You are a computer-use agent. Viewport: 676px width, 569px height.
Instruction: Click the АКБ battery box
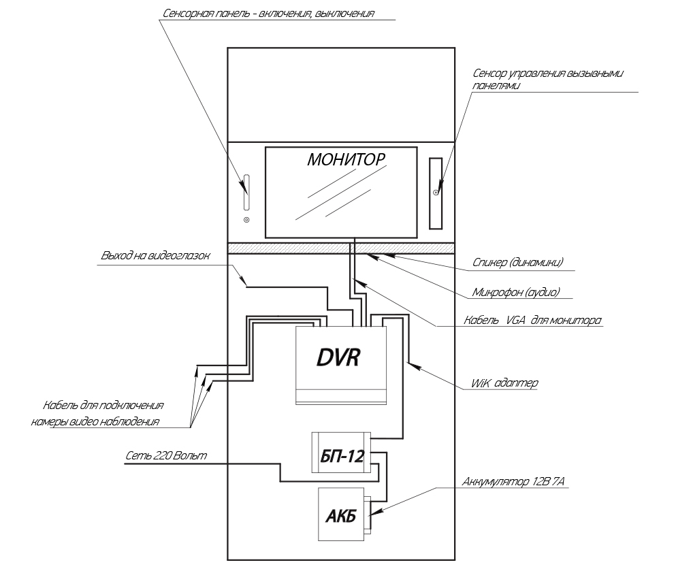tap(338, 515)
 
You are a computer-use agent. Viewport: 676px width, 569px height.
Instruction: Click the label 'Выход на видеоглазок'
tap(156, 257)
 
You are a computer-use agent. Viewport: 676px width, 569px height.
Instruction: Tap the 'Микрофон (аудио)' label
tap(515, 292)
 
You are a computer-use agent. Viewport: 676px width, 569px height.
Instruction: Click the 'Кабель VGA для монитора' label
tap(532, 319)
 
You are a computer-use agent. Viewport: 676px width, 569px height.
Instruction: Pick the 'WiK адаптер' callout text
tap(504, 383)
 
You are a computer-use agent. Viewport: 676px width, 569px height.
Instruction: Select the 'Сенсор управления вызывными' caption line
tap(547, 73)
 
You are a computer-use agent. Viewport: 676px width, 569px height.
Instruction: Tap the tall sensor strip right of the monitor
tap(435, 193)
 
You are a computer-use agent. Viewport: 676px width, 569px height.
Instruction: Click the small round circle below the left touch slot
tap(246, 220)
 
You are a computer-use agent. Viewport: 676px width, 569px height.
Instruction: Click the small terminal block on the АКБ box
tap(368, 515)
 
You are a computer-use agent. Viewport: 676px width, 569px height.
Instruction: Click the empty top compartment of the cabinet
tap(340, 94)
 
